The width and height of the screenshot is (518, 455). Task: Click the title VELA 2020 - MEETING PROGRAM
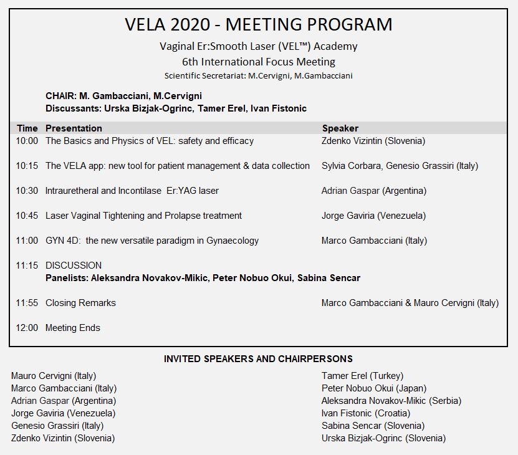coord(259,25)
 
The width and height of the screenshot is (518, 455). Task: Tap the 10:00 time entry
coord(27,141)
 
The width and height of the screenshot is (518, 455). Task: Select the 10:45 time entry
coord(27,216)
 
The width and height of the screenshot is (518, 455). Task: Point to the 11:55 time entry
coord(27,303)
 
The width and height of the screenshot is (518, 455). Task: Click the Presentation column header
coord(74,128)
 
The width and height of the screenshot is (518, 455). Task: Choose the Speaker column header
coord(340,128)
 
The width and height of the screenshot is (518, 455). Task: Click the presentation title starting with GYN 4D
coord(152,241)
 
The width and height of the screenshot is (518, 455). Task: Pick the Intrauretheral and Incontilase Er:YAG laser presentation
coord(132,191)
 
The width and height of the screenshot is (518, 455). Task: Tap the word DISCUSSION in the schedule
coord(74,266)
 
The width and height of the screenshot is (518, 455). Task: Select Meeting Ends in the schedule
coord(73,328)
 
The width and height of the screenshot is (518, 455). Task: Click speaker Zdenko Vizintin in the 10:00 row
coord(373,141)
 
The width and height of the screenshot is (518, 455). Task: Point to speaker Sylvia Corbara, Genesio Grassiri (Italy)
coord(400,166)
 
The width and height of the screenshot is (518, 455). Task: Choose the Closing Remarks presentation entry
coord(80,303)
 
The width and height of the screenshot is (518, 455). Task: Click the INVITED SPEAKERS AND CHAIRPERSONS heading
coord(258,359)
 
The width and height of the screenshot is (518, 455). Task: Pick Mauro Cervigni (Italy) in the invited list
coord(54,376)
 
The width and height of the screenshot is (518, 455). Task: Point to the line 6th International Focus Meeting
coord(259,62)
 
